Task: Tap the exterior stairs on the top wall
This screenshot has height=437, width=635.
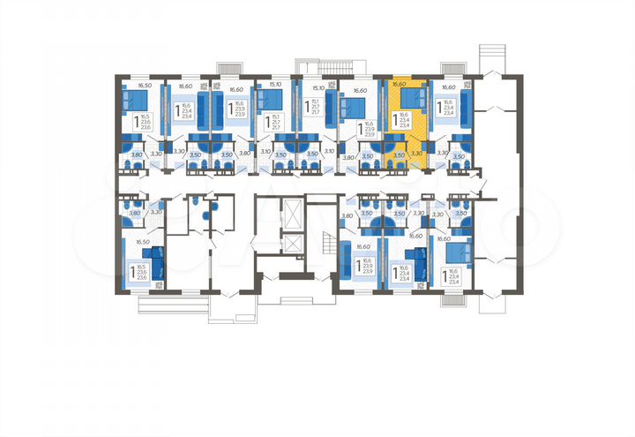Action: click(x=332, y=68)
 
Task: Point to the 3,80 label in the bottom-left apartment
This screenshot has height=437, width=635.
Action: click(x=134, y=213)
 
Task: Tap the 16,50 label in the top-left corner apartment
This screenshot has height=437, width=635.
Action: click(x=145, y=87)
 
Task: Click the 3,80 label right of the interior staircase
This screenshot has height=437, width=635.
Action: click(x=347, y=216)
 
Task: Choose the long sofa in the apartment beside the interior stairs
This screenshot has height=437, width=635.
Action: click(x=346, y=262)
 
